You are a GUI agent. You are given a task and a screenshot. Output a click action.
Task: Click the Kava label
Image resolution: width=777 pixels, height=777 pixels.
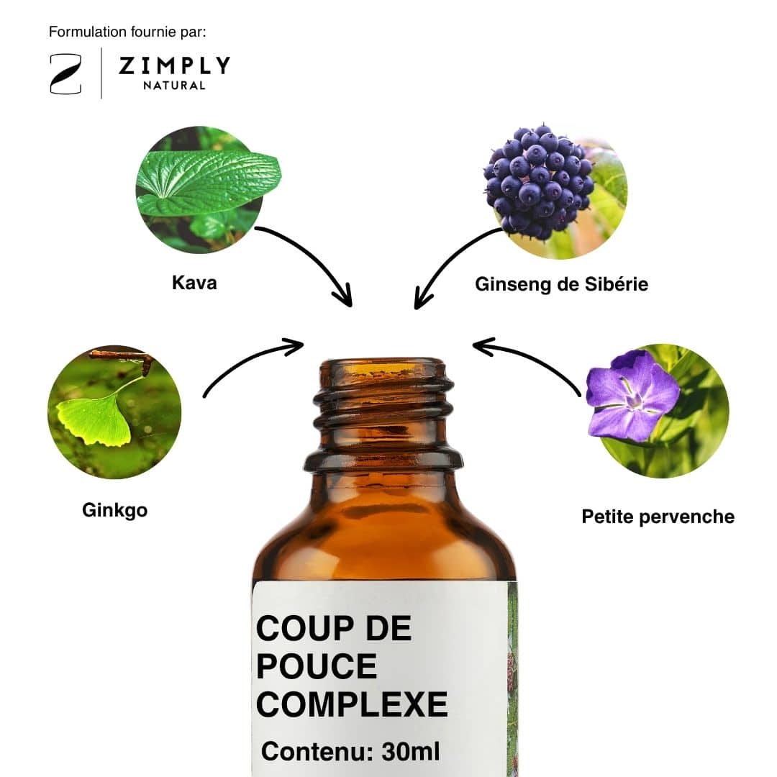tap(194, 283)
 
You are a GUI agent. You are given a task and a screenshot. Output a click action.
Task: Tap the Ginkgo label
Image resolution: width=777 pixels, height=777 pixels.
tap(115, 510)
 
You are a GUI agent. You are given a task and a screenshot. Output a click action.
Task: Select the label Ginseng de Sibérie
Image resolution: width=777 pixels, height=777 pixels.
tap(561, 284)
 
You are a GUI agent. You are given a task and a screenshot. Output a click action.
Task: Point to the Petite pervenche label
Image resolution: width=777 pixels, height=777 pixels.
tap(658, 517)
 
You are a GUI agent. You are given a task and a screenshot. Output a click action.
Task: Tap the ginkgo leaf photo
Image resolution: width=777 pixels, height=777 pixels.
tap(114, 412)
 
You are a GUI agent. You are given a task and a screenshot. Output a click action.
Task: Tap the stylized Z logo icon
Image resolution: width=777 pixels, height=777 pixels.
tap(65, 74)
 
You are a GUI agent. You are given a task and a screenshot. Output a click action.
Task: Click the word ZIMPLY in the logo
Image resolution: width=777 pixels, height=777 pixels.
tap(174, 66)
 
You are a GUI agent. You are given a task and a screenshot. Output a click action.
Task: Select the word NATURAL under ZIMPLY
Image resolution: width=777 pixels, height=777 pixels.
tap(174, 86)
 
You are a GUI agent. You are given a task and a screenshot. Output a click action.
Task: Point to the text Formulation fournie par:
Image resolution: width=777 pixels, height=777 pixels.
tap(127, 32)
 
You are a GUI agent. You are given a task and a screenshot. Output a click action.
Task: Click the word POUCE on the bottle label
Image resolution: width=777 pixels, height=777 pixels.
tap(316, 665)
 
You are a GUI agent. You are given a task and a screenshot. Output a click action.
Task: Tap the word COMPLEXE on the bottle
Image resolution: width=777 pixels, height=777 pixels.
tap(352, 704)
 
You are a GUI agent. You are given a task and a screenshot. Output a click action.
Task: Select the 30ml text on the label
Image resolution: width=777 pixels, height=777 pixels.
tap(411, 751)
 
